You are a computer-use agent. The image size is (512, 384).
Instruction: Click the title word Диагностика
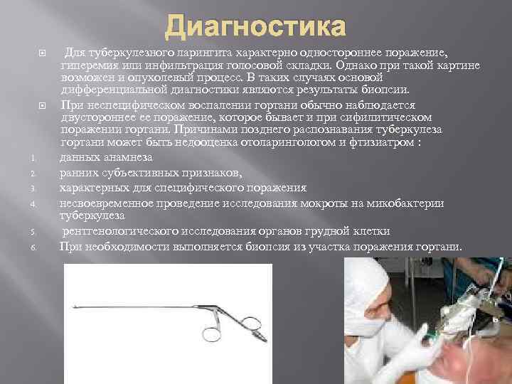(x=255, y=28)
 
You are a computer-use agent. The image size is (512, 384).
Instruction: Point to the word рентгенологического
(x=122, y=232)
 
